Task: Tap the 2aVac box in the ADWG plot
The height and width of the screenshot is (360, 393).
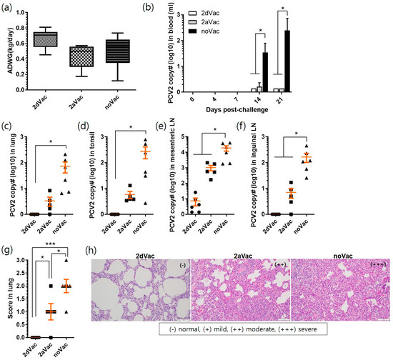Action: (84, 56)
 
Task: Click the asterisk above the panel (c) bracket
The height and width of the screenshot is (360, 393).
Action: (55, 136)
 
